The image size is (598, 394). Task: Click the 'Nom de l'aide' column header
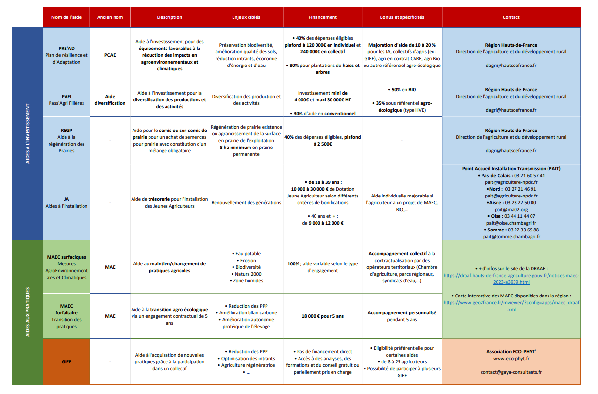[x=66, y=17]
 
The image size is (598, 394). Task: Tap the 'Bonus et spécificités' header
[x=401, y=17]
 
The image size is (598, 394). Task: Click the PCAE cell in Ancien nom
[x=110, y=55]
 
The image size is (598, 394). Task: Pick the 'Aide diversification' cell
[x=110, y=99]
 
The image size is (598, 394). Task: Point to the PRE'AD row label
[x=66, y=55]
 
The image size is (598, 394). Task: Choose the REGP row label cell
[x=66, y=140]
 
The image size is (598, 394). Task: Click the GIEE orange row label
[x=66, y=361]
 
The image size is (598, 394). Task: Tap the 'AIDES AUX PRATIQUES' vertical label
[x=28, y=312]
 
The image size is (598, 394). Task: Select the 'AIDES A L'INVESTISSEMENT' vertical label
[x=28, y=133]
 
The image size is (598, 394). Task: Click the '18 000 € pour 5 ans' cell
[x=322, y=316]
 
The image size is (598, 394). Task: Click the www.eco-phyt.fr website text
[x=511, y=359]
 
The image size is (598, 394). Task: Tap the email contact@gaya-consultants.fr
[x=511, y=372]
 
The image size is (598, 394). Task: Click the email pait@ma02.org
[x=511, y=209]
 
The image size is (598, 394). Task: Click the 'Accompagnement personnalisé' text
[x=401, y=313]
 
